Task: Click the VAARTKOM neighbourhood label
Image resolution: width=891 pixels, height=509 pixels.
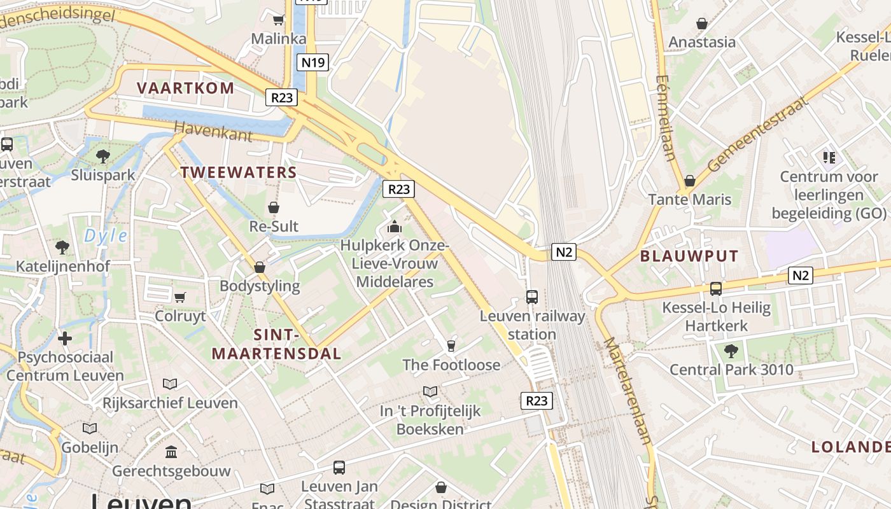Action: tap(186, 88)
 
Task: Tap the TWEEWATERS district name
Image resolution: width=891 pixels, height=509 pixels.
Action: tap(239, 172)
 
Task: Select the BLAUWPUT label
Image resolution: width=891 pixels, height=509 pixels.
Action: tap(689, 256)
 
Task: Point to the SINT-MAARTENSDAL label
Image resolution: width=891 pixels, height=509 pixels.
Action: tap(276, 344)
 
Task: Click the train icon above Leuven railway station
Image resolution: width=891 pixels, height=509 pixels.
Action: tap(531, 296)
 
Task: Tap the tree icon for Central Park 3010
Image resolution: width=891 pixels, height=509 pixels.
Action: tap(731, 350)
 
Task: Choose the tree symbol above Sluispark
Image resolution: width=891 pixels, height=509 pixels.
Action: tap(102, 156)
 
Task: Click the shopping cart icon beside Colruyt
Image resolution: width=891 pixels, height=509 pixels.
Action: tap(180, 296)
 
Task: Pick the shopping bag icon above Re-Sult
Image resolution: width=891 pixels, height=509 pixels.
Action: tap(274, 207)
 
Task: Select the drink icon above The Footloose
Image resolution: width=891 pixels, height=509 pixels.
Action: tap(451, 345)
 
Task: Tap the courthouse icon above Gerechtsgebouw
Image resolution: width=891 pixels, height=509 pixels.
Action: tap(171, 452)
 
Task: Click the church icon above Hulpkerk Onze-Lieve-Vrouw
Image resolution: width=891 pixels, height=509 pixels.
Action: tap(395, 227)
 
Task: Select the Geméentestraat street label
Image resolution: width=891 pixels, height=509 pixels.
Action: tap(757, 134)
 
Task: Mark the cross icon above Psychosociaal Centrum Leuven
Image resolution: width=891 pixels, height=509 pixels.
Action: tap(65, 338)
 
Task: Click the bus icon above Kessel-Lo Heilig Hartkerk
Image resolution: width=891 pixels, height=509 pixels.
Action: tap(716, 289)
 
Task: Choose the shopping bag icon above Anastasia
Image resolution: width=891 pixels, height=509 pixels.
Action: tap(702, 24)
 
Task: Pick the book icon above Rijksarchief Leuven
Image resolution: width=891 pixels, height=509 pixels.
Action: tap(169, 384)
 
